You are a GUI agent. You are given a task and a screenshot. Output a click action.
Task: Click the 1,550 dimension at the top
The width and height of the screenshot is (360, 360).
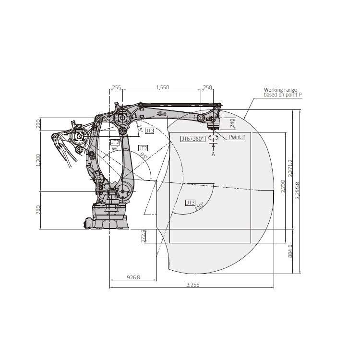pyautogui.click(x=163, y=87)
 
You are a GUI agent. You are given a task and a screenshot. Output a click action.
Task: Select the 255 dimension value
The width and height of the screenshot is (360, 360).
pyautogui.click(x=116, y=87)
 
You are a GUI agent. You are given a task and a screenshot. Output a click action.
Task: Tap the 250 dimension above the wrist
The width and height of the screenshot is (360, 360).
pyautogui.click(x=207, y=87)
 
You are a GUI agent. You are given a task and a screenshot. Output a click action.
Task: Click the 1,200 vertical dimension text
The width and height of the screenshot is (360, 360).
pyautogui.click(x=39, y=160)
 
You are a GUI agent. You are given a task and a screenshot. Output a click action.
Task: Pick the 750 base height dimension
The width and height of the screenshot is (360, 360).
pyautogui.click(x=39, y=210)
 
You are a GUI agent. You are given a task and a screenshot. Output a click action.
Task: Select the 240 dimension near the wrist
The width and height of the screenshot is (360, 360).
pyautogui.click(x=232, y=123)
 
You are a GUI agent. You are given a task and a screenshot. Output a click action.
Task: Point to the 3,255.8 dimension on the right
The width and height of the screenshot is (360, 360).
pyautogui.click(x=297, y=191)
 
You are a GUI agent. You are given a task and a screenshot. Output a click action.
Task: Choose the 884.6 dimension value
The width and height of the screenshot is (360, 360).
pyautogui.click(x=289, y=251)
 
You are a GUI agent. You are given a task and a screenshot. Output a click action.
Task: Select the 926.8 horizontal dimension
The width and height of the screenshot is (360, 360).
pyautogui.click(x=133, y=277)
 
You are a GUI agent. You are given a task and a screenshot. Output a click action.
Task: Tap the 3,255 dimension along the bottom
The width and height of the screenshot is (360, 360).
pyautogui.click(x=192, y=285)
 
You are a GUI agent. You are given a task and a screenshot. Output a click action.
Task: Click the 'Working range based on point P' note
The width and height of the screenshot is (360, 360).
pyautogui.click(x=283, y=92)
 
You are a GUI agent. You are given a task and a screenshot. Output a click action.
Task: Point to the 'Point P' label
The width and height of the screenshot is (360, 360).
pyautogui.click(x=237, y=137)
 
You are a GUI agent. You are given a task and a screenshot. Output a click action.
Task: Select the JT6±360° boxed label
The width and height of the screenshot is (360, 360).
pyautogui.click(x=192, y=139)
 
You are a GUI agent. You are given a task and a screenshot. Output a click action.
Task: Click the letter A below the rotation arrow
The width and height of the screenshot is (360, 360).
pyautogui.click(x=213, y=154)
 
